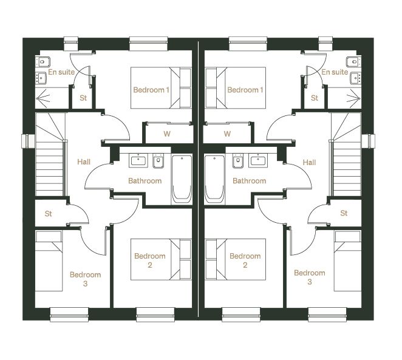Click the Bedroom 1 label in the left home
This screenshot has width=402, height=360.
(x=151, y=90)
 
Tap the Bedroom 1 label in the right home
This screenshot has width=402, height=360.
(x=245, y=90)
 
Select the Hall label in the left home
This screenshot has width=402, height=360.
(x=84, y=161)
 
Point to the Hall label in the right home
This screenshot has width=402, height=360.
(x=309, y=162)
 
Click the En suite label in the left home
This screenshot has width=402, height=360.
(x=61, y=72)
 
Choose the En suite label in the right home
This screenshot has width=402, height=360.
(x=335, y=72)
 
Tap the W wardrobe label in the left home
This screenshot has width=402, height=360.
(x=167, y=134)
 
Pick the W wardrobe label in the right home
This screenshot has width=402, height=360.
(x=227, y=134)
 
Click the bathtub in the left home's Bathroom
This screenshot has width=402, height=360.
(x=182, y=180)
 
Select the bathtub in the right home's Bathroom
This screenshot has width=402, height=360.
(x=214, y=180)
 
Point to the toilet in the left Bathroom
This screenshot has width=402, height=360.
(x=158, y=161)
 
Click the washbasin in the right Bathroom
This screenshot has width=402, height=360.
(x=259, y=160)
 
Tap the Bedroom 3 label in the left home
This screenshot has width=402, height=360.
(x=86, y=279)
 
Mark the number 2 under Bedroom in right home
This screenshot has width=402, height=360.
(x=245, y=265)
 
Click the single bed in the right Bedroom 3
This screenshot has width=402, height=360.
(x=347, y=261)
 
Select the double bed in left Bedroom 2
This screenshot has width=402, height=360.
(x=161, y=259)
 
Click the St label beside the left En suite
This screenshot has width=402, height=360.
(x=83, y=98)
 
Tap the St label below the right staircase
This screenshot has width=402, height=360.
(x=344, y=213)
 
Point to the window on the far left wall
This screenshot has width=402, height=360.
(x=28, y=141)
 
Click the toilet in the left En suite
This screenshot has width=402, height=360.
(x=43, y=62)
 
